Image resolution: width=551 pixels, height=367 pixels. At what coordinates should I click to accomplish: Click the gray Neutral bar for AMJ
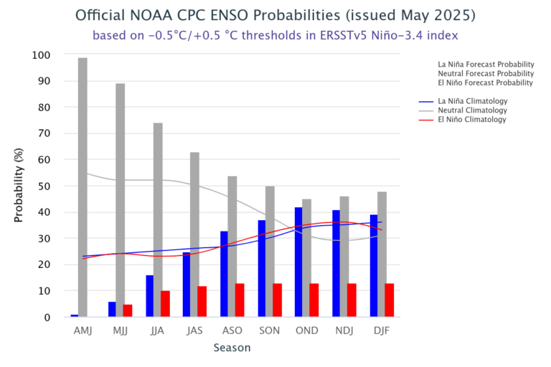83,187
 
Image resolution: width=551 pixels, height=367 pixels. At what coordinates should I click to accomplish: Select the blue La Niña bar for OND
298,262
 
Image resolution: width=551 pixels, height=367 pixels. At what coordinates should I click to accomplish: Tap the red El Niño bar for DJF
389,300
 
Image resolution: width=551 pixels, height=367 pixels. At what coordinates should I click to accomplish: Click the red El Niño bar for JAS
202,302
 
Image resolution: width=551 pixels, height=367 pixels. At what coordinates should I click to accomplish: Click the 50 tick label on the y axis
44,186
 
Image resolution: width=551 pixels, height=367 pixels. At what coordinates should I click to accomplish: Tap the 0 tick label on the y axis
47,318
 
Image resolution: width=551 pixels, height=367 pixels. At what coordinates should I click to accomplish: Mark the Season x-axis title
232,348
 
